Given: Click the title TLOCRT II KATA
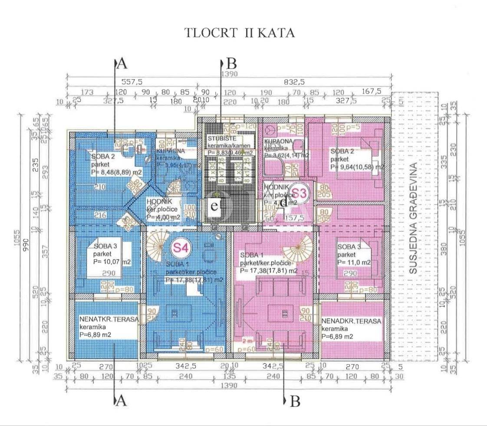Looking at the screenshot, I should [x=240, y=33].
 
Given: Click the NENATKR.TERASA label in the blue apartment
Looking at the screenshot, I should [x=109, y=319].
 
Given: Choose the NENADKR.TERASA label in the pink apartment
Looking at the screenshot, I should [x=351, y=321].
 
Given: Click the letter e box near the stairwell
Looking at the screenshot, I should [x=214, y=206].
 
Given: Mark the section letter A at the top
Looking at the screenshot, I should [x=122, y=64].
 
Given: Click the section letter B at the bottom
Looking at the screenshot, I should [x=295, y=402].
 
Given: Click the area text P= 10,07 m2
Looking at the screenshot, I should [x=112, y=262].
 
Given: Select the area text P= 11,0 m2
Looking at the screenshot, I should [x=354, y=262].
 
